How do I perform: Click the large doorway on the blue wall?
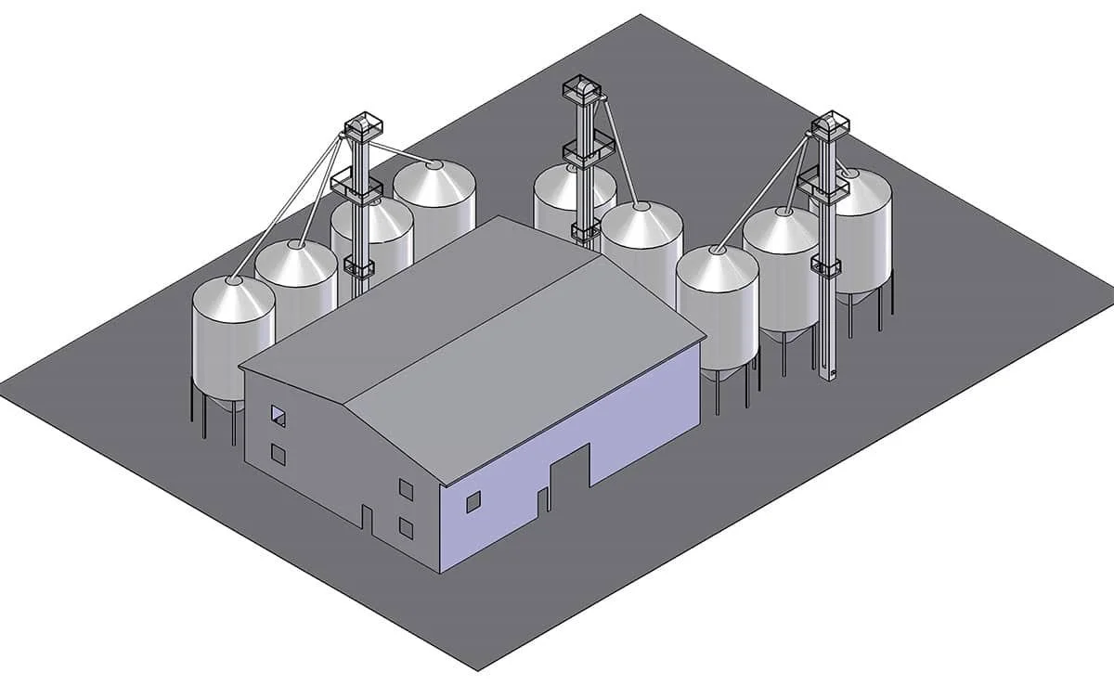570,474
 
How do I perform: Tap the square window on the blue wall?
473,502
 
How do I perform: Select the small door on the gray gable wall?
367,521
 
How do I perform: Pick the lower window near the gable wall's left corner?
278,454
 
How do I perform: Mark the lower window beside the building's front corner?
406,527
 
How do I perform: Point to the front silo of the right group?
717,297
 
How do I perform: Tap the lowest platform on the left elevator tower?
357,267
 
